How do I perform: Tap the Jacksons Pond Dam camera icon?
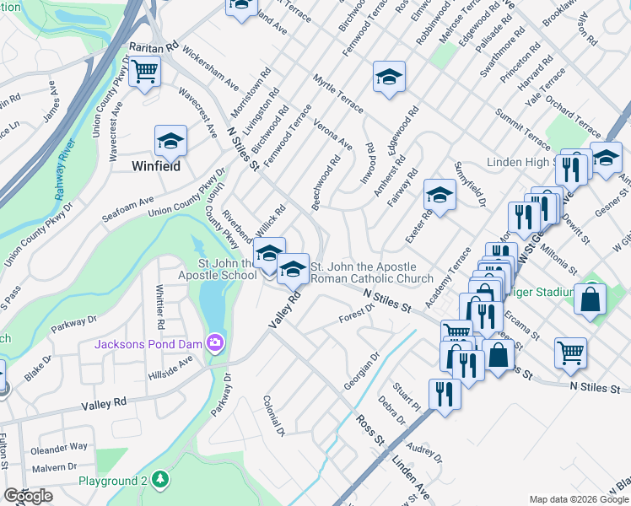click(214, 342)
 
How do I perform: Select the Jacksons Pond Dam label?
click(146, 344)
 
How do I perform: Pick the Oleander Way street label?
click(59, 447)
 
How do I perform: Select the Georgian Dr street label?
click(363, 370)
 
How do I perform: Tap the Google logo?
click(28, 496)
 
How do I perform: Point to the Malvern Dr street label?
click(54, 466)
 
